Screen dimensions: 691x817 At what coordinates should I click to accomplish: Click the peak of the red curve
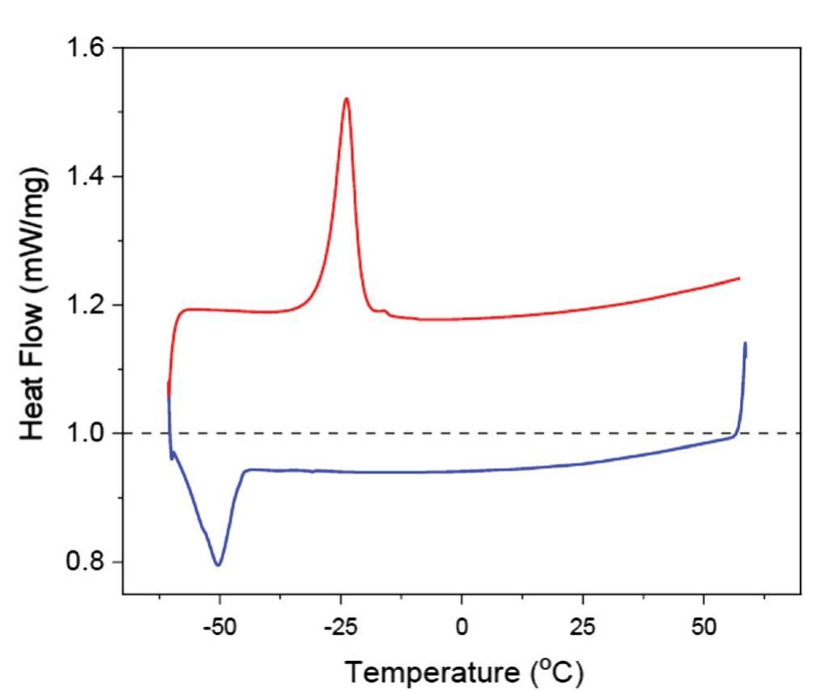[347, 99]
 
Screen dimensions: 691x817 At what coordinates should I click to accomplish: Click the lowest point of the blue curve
[218, 565]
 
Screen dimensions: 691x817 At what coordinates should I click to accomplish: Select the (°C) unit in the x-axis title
[553, 672]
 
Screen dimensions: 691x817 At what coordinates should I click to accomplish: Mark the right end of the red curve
[738, 278]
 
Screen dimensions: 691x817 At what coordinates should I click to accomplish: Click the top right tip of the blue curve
[745, 343]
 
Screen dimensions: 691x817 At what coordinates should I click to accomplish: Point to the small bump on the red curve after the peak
[385, 311]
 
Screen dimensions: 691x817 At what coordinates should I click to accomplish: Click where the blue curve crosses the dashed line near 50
[736, 433]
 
